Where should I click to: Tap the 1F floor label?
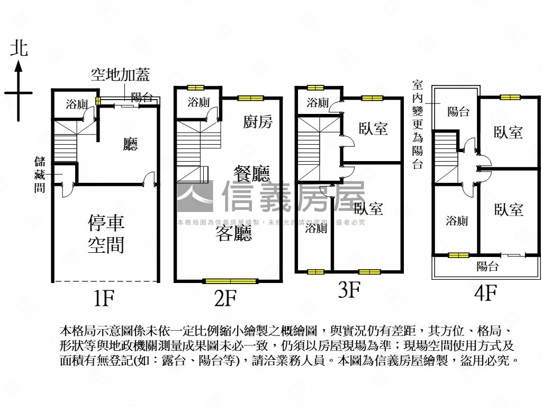click(104, 298)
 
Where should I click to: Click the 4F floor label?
click(485, 292)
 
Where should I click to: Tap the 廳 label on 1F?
click(130, 145)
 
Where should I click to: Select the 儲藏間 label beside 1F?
click(40, 174)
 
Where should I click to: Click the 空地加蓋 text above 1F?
click(120, 76)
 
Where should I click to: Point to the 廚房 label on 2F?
click(258, 122)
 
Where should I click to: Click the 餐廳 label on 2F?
click(252, 173)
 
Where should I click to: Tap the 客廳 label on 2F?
click(233, 233)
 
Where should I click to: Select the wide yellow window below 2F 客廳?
click(230, 281)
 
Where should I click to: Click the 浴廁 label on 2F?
click(198, 103)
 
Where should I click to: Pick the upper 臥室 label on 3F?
click(373, 128)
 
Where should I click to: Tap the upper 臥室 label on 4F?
click(509, 132)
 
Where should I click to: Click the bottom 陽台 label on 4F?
click(487, 266)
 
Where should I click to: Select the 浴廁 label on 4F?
click(456, 220)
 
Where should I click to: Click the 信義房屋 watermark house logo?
click(195, 196)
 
